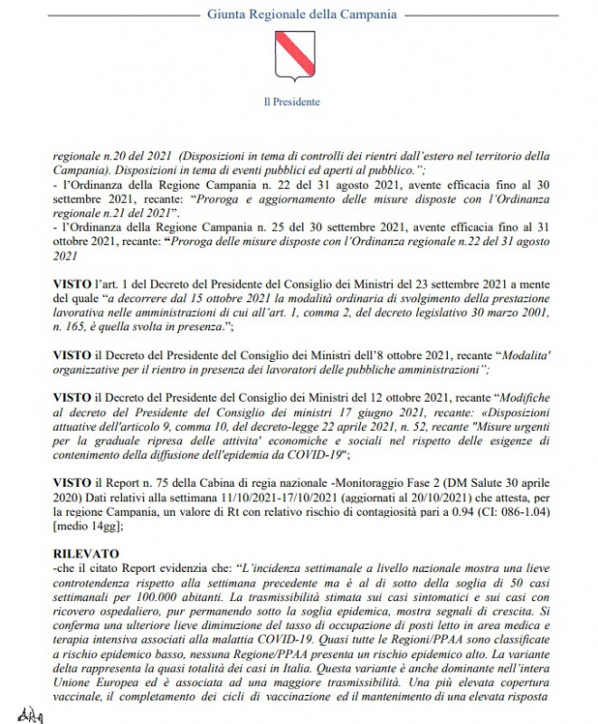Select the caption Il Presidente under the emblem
[x=298, y=102]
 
